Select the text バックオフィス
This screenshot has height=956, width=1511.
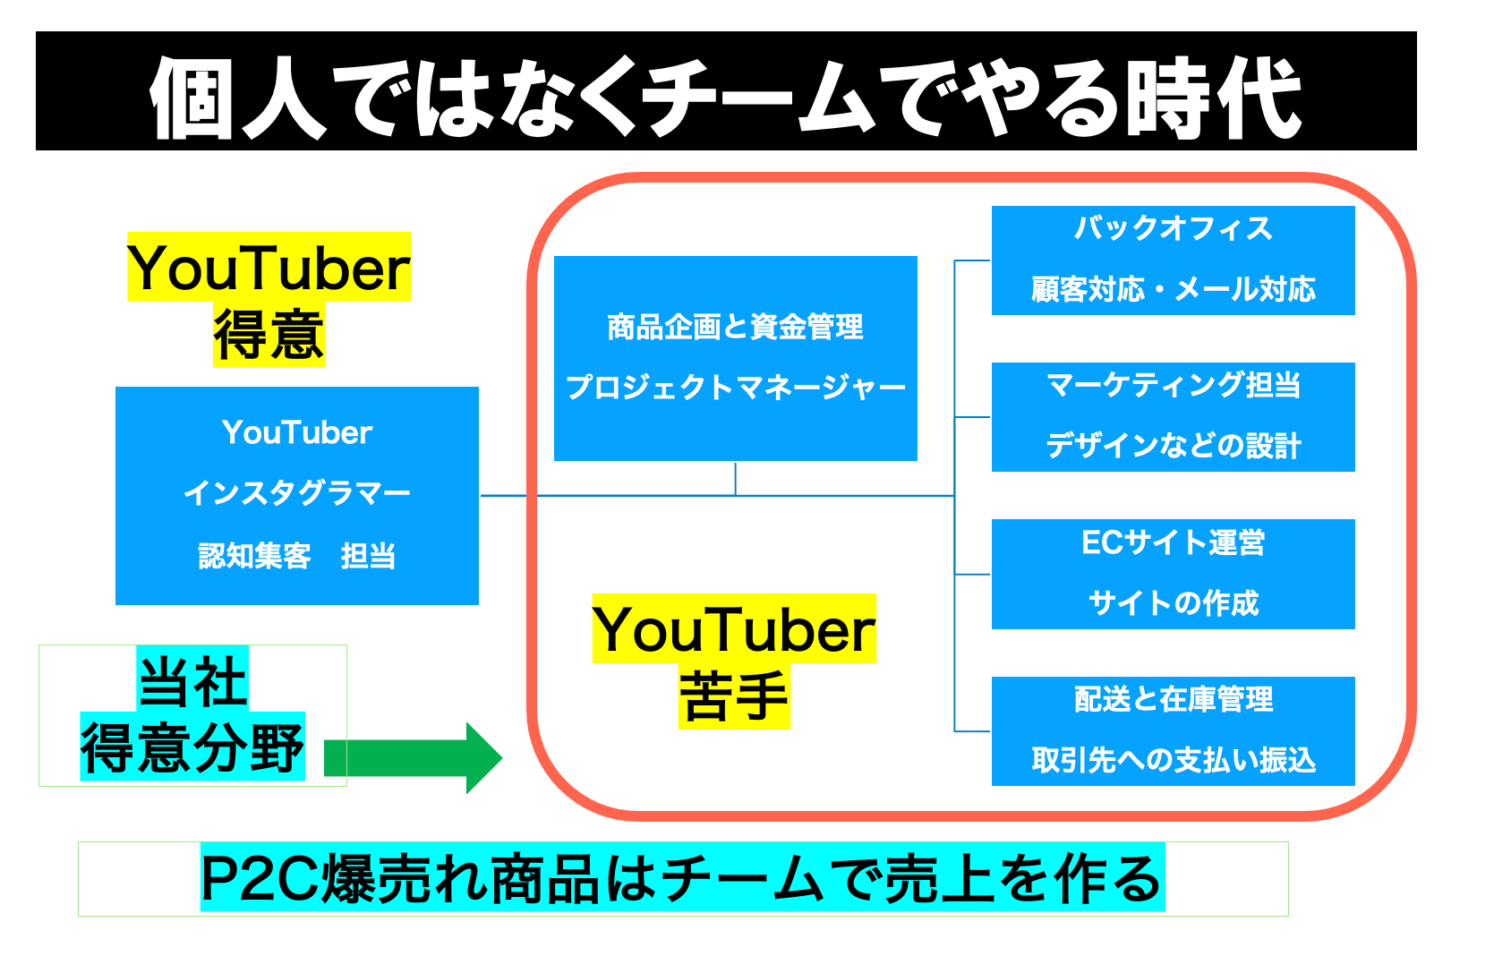(1173, 229)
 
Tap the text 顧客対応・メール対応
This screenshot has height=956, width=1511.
(1173, 289)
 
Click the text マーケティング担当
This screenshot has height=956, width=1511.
(1173, 385)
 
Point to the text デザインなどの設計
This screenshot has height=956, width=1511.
(1173, 445)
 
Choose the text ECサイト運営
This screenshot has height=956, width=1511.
(1173, 542)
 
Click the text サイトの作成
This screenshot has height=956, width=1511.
(1173, 602)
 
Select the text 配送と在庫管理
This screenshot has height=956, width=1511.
(1173, 699)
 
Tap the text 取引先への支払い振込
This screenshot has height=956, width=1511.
(1173, 760)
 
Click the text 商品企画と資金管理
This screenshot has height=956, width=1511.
(735, 328)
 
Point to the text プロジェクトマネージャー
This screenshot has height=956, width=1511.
(735, 388)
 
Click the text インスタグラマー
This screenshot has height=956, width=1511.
(296, 493)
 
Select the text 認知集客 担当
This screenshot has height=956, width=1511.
(296, 556)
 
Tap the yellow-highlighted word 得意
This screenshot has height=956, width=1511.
(269, 335)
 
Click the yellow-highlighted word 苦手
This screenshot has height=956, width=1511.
(734, 696)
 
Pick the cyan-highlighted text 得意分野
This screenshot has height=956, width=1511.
(192, 747)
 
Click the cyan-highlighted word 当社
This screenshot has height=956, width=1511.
(192, 681)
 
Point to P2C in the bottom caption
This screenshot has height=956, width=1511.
(260, 879)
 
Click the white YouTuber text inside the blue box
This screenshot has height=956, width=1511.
(296, 433)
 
